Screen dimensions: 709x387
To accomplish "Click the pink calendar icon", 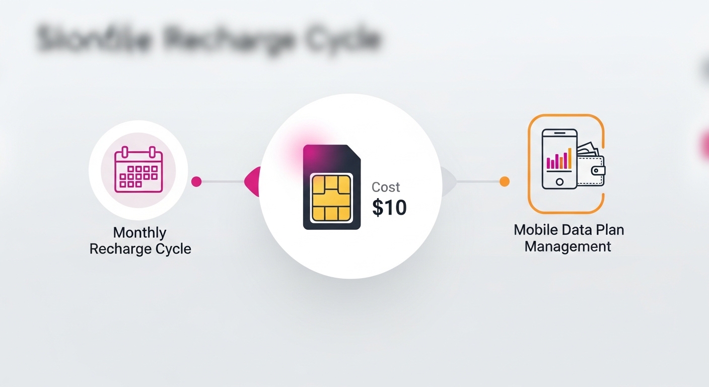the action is [x=138, y=170].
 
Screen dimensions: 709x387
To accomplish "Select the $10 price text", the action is [x=389, y=207].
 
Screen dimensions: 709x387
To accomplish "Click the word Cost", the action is [x=386, y=187].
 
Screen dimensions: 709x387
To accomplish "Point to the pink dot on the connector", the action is [x=196, y=181].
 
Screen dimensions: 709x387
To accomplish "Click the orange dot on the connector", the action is [x=505, y=181].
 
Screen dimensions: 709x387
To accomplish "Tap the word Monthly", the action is [x=139, y=233].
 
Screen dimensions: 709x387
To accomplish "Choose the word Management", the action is [x=568, y=247].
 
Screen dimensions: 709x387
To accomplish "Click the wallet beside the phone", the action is [x=592, y=169].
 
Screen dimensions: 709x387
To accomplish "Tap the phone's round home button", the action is [x=559, y=181].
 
